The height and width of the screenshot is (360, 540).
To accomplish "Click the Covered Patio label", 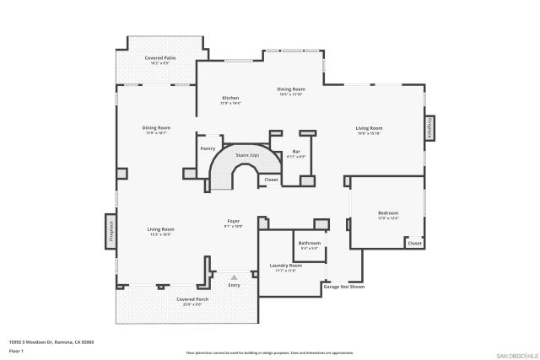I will tap(159, 57).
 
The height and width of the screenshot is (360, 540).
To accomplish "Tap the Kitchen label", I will tap(230, 98).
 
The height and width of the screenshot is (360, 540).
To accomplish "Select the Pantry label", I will tap(208, 148).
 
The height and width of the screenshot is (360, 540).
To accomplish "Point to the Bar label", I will tap(296, 152).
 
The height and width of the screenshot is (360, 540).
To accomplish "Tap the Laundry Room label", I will tap(285, 266).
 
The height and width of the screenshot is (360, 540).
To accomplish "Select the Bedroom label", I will tap(387, 213).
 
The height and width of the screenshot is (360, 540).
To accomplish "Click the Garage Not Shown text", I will tap(343, 286).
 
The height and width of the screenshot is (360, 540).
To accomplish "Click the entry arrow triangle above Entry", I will tap(234, 276).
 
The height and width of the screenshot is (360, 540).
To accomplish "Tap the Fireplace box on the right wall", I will tap(429, 128).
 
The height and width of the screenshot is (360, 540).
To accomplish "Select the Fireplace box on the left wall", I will tap(110, 228).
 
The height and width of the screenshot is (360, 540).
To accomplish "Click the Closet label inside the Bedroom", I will tap(413, 243).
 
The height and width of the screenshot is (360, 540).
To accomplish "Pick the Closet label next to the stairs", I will tap(271, 180).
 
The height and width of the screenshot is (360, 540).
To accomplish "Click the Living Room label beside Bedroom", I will tap(368, 128).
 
